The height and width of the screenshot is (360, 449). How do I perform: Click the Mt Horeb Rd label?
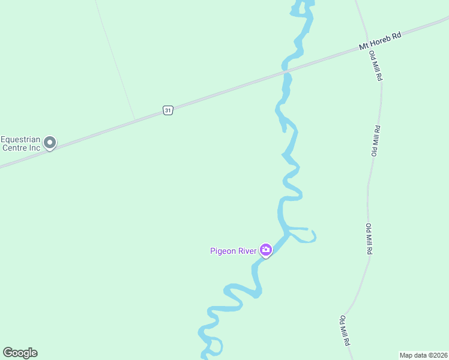pyautogui.click(x=380, y=41)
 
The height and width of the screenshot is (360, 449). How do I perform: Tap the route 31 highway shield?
pyautogui.click(x=168, y=110)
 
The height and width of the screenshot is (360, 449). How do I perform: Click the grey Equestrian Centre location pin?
pyautogui.click(x=50, y=143)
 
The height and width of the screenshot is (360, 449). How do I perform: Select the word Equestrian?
pyautogui.click(x=22, y=137)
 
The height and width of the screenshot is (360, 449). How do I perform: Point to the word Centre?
pyautogui.click(x=14, y=147)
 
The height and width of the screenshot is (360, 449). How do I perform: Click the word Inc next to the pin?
pyautogui.click(x=34, y=147)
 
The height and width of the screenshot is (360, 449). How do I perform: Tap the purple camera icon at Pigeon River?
pyautogui.click(x=266, y=250)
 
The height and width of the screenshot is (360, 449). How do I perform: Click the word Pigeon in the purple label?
pyautogui.click(x=224, y=251)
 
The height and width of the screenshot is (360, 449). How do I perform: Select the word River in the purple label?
pyautogui.click(x=248, y=251)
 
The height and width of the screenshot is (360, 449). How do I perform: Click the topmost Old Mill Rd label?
pyautogui.click(x=376, y=67)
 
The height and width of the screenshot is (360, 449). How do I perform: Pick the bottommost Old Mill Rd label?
pyautogui.click(x=345, y=331)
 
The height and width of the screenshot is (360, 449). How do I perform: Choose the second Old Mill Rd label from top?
pyautogui.click(x=376, y=141)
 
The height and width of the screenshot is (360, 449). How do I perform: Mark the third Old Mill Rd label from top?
pyautogui.click(x=368, y=240)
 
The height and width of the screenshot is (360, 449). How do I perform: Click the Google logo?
pyautogui.click(x=20, y=353)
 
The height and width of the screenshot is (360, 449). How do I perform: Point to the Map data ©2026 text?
pyautogui.click(x=423, y=355)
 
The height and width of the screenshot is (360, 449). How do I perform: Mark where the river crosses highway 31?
pyautogui.click(x=287, y=74)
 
